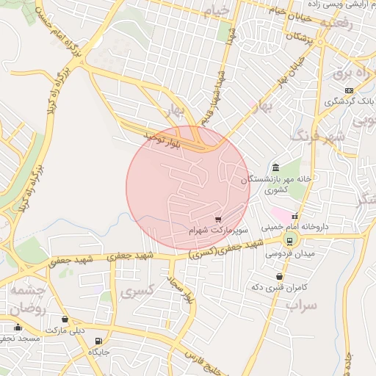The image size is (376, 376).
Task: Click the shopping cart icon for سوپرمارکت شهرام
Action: click(x=218, y=219)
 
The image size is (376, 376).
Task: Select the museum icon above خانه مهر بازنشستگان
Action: click(x=275, y=167)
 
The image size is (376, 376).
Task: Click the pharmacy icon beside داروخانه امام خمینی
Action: click(x=295, y=217)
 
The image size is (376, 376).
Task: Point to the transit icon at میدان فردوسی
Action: click(x=289, y=240)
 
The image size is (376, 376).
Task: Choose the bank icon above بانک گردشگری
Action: click(x=349, y=90)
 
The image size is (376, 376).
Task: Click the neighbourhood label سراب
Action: click(x=302, y=303)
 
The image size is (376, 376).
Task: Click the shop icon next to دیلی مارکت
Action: click(x=66, y=319)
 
